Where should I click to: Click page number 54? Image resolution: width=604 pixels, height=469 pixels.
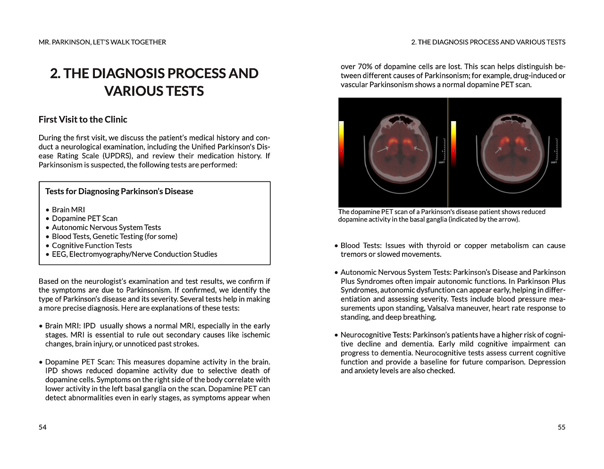point(42,427)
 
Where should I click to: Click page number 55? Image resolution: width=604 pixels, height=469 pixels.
point(561,427)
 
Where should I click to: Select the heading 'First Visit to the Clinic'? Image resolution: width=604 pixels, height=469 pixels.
point(83,120)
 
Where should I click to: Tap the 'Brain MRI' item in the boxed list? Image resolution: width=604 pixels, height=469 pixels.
point(68,210)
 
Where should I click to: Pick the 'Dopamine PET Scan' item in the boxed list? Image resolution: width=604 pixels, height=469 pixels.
point(84,218)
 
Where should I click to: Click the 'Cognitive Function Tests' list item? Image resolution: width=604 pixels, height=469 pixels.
point(92,245)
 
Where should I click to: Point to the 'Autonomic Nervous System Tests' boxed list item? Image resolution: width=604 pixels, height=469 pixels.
point(106,227)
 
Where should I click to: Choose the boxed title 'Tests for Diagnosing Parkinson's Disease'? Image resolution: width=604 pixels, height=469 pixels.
point(119,191)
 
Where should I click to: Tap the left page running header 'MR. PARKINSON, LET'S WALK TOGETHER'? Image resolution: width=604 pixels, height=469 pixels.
point(102,42)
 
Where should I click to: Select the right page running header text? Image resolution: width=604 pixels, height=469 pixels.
point(488,42)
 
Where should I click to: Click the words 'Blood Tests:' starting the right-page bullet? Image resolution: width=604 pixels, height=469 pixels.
point(361,246)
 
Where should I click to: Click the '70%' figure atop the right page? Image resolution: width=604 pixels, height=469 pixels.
point(365,66)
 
